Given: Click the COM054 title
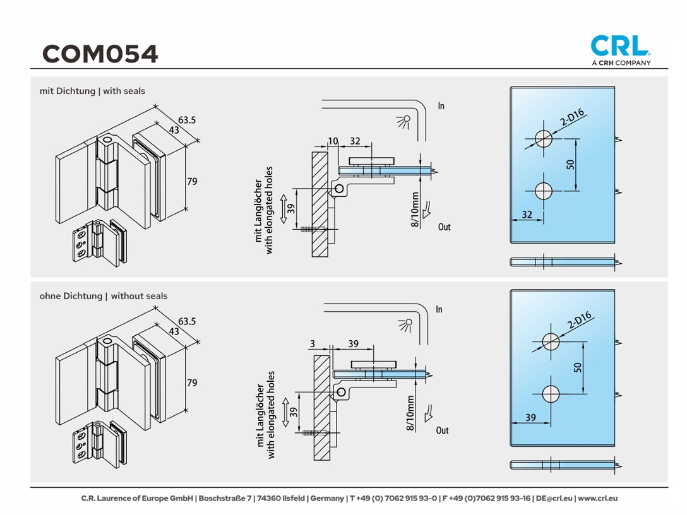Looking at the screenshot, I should pyautogui.click(x=100, y=54).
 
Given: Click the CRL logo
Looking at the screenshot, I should pyautogui.click(x=620, y=45).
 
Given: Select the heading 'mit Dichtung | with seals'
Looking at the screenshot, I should pyautogui.click(x=92, y=91).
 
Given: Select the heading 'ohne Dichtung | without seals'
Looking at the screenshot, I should pyautogui.click(x=104, y=295).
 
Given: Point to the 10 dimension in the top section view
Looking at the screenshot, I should pyautogui.click(x=333, y=141).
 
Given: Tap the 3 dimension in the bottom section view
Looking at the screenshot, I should pyautogui.click(x=313, y=344).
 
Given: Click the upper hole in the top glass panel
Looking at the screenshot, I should pyautogui.click(x=542, y=138).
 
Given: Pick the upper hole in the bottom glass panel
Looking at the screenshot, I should pyautogui.click(x=551, y=342).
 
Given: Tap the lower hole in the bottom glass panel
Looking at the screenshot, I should pyautogui.click(x=551, y=394).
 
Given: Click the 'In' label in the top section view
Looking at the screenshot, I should pyautogui.click(x=441, y=106).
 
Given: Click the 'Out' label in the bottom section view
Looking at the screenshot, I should pyautogui.click(x=442, y=430).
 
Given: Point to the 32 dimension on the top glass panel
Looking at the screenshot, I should pyautogui.click(x=527, y=215).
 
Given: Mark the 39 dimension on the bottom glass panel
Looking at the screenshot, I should pyautogui.click(x=530, y=417).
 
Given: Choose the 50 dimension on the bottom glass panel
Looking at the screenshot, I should pyautogui.click(x=578, y=367).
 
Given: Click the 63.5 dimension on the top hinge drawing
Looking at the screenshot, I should pyautogui.click(x=187, y=119).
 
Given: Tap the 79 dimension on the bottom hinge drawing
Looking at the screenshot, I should pyautogui.click(x=192, y=382).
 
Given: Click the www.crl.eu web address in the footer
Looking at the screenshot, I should pyautogui.click(x=597, y=498).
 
